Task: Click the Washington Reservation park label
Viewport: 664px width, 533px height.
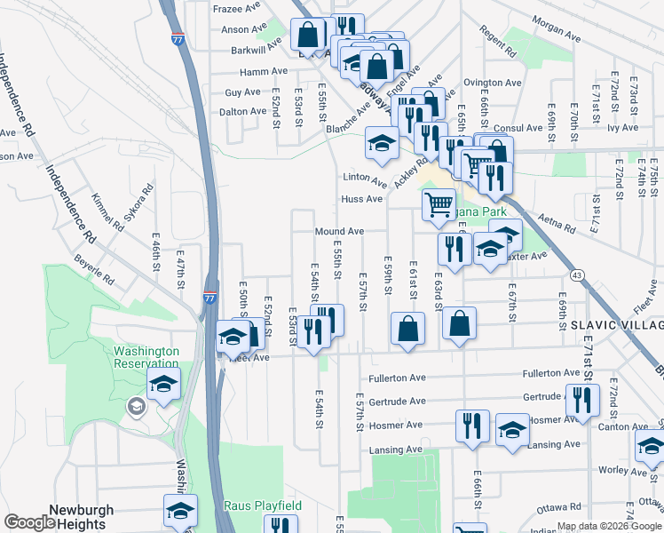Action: tap(146, 357)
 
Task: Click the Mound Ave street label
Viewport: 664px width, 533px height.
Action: tap(339, 231)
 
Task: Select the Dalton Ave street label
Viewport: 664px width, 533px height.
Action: tap(243, 112)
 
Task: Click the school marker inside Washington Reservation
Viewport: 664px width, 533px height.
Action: tap(164, 386)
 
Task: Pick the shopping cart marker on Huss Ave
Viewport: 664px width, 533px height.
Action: tap(439, 203)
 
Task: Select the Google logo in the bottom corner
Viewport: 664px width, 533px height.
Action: tap(28, 522)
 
